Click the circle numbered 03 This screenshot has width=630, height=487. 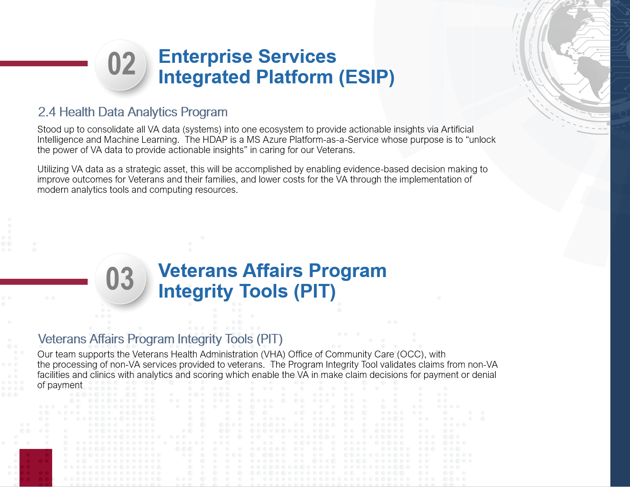[x=120, y=279]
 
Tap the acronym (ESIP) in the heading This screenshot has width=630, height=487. [x=367, y=77]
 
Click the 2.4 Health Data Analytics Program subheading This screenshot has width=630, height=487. [x=133, y=112]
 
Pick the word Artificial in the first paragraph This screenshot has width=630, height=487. [x=457, y=129]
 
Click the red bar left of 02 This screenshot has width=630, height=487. [x=44, y=63]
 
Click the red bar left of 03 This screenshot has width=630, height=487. [x=44, y=282]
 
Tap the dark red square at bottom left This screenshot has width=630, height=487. [x=35, y=468]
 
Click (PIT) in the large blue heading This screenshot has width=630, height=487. [x=314, y=291]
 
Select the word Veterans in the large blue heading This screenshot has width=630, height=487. [x=198, y=271]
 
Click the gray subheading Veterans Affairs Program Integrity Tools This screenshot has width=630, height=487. [x=160, y=339]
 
